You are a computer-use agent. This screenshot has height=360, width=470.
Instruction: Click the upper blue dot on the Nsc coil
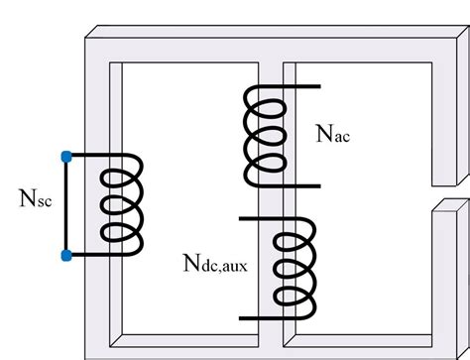coord(65,155)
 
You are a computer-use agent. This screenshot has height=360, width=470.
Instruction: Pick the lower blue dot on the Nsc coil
coord(65,256)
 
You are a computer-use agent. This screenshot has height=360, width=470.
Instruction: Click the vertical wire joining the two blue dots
coord(65,205)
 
